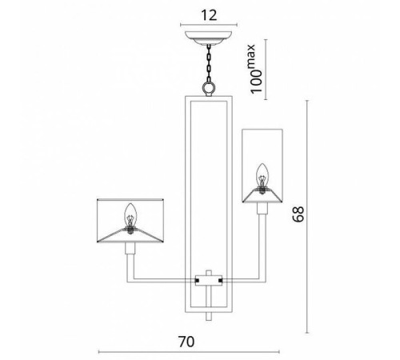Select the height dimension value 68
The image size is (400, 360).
click(x=298, y=214)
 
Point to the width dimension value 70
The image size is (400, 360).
click(x=186, y=341)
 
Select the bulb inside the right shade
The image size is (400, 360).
click(x=262, y=173)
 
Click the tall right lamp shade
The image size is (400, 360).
click(x=262, y=164)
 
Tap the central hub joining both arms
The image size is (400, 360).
click(x=210, y=280)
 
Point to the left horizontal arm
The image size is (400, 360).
click(x=164, y=279)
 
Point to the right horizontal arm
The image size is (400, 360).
click(x=244, y=279)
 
